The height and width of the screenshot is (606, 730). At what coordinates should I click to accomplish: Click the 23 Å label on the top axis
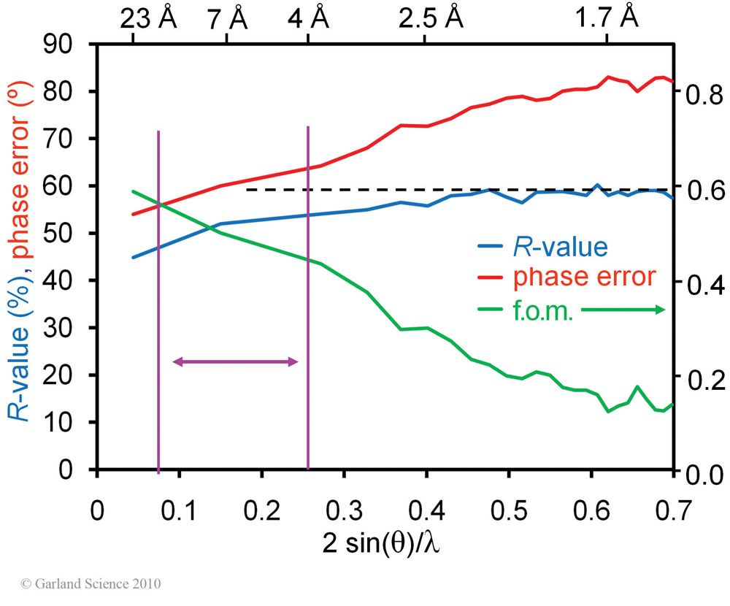point(148,17)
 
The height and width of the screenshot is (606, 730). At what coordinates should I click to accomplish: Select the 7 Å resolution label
point(227,17)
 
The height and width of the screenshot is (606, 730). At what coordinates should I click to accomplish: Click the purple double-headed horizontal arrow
point(235,361)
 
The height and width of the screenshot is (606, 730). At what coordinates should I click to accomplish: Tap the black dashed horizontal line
point(460,189)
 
